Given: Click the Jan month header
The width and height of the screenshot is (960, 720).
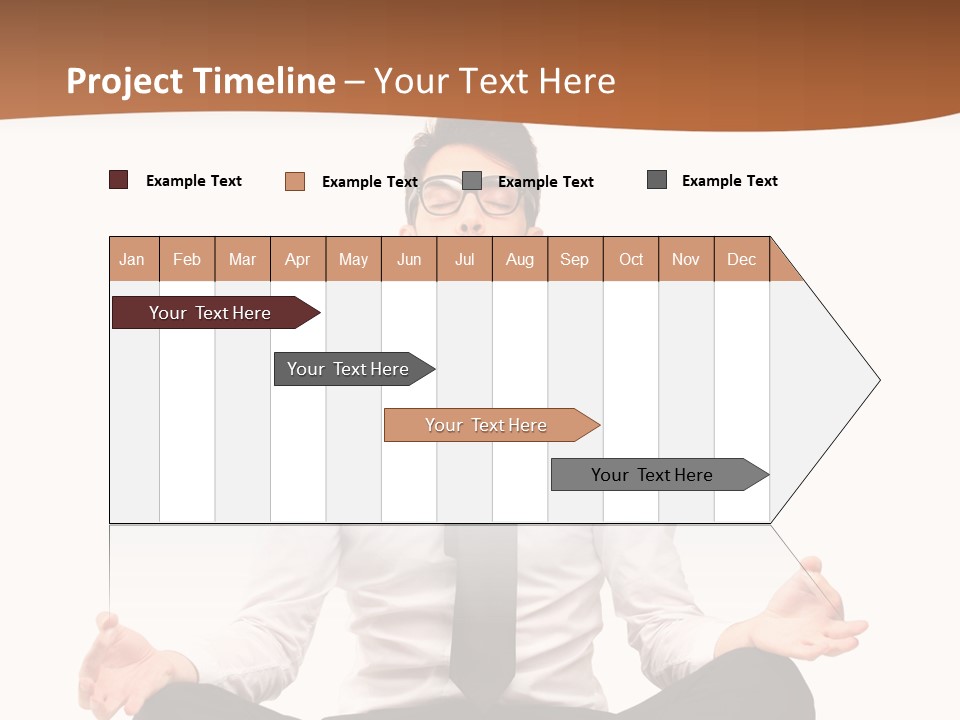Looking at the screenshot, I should tap(133, 259).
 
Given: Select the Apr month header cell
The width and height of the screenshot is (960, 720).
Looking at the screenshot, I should tap(298, 259).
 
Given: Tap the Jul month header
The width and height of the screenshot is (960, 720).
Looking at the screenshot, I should tap(464, 259).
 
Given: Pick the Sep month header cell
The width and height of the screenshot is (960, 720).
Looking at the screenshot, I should tap(575, 259).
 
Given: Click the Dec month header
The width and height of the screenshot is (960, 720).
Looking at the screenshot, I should tap(741, 259).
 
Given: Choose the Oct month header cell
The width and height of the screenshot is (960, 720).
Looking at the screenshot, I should tap(631, 259).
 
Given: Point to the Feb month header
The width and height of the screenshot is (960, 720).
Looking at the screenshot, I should tap(187, 259).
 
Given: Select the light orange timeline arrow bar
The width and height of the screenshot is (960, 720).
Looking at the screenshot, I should tap(488, 425).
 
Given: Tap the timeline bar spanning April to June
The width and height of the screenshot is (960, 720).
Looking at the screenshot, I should tap(350, 369).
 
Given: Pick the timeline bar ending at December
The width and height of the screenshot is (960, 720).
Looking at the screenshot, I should tap(655, 475).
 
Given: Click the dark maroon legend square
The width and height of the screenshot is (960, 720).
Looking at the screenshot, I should tap(119, 180).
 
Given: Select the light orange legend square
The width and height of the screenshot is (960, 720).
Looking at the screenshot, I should tap(295, 181).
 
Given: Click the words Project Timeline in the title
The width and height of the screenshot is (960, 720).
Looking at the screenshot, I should tap(201, 81).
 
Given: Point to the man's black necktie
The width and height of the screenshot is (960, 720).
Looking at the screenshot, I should tap(482, 610).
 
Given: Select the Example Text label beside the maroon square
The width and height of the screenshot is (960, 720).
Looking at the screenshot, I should tap(194, 181).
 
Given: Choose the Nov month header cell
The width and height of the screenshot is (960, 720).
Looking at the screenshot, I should tap(686, 259).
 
